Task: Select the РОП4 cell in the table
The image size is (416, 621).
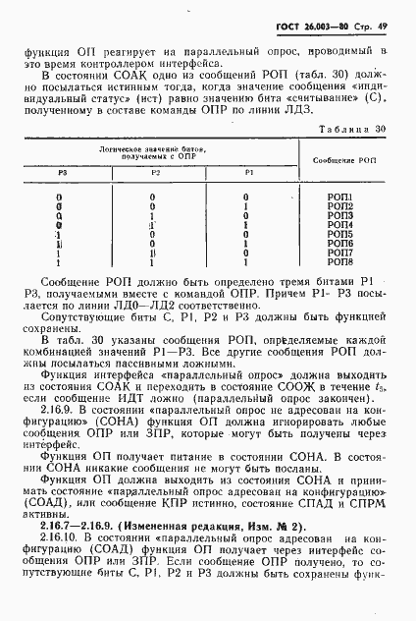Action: click(339, 225)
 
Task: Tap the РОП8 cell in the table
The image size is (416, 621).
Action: click(339, 261)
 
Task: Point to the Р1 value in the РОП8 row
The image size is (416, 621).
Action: click(247, 261)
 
